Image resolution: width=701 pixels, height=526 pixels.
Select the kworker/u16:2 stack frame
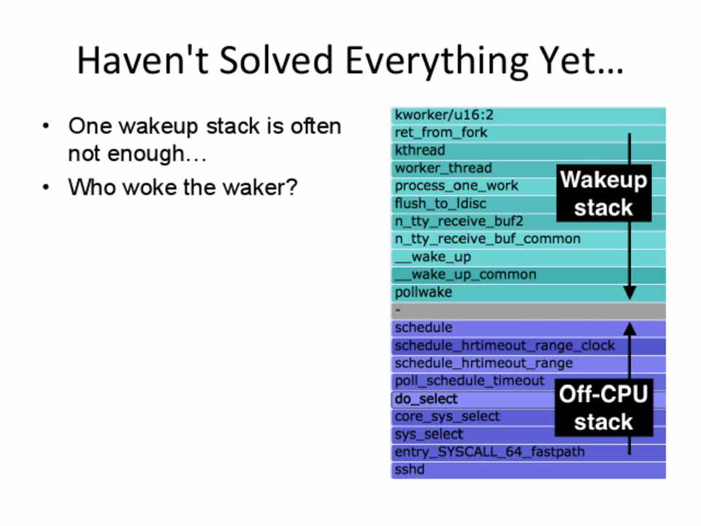pos(529,115)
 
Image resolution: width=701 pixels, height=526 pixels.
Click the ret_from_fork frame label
pos(441,133)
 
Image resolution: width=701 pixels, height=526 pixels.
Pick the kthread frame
pos(529,150)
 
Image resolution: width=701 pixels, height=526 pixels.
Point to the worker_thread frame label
pos(443,168)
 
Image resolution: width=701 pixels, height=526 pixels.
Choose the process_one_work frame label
pos(456,186)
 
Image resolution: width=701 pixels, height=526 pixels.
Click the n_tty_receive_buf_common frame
pos(529,240)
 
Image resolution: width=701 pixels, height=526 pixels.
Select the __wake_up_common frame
pos(529,275)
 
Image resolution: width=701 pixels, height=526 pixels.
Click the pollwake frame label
pos(423,292)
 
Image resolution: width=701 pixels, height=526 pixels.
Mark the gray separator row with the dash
pos(529,310)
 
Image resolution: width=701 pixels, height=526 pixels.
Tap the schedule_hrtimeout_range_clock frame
pos(529,346)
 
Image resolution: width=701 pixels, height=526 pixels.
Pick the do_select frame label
pos(426,399)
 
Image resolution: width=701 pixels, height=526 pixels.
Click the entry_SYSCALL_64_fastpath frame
pos(529,452)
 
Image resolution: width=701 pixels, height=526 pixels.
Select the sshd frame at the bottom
pos(529,470)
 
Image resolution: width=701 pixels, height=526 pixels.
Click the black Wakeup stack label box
pos(604,193)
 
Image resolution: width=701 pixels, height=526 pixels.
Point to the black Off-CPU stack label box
pos(604,407)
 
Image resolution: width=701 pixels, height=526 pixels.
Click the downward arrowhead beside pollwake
pos(629,293)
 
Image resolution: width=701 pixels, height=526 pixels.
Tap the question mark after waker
pos(291,186)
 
